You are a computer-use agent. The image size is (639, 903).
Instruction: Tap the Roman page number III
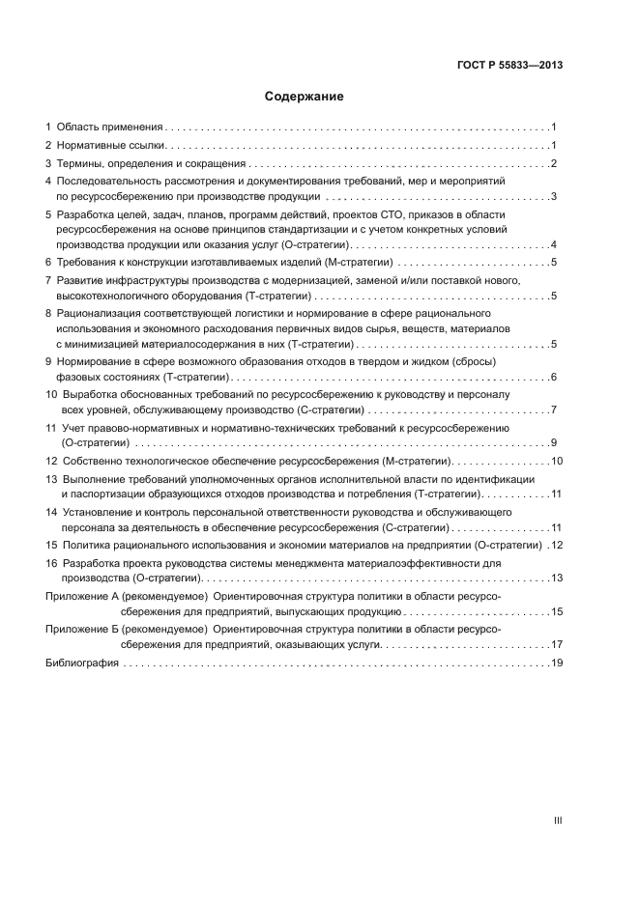pos(557,819)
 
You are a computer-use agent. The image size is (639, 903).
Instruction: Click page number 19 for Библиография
pos(556,663)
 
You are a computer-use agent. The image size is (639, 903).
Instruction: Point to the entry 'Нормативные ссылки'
pos(112,145)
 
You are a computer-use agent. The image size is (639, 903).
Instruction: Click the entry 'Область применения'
pos(109,127)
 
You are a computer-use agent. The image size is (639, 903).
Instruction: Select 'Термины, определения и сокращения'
pos(151,163)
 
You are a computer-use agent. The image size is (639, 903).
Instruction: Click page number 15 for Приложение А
pos(556,612)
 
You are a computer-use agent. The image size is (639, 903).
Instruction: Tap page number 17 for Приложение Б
pos(556,644)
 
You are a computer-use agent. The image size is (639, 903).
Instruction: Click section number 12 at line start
pos(51,461)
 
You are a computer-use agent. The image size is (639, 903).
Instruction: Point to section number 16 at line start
pos(51,563)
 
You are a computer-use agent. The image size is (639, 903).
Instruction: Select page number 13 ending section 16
pos(556,578)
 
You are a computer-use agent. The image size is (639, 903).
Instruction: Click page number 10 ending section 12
pos(556,461)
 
